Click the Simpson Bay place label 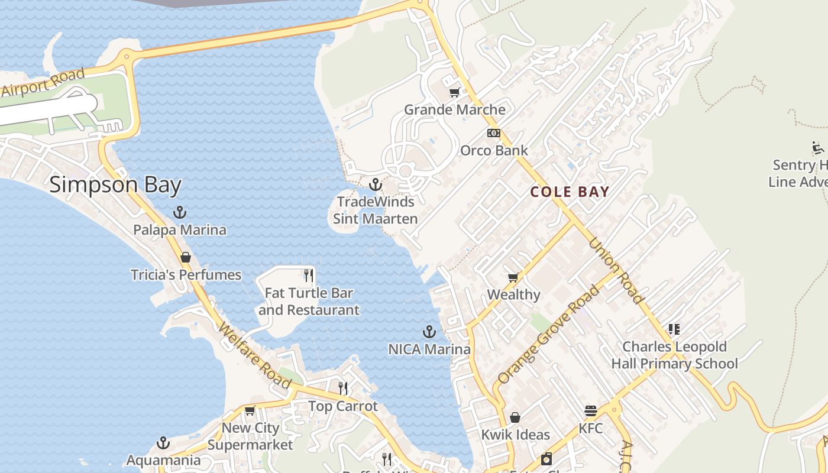(x=115, y=184)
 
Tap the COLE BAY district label (x=570, y=192)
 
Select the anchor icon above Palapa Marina (x=179, y=212)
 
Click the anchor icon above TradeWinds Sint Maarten (x=375, y=185)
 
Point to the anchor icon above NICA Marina (x=429, y=332)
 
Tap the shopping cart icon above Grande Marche (x=454, y=92)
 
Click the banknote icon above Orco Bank (x=494, y=133)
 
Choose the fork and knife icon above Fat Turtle (x=308, y=275)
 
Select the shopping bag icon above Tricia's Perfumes (x=186, y=257)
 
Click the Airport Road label (x=43, y=83)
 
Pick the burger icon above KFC (x=590, y=411)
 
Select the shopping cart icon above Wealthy (x=513, y=277)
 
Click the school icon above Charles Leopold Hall (x=674, y=329)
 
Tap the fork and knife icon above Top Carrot (x=343, y=388)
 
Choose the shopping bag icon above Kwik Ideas (x=515, y=417)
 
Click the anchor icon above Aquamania (x=163, y=443)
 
